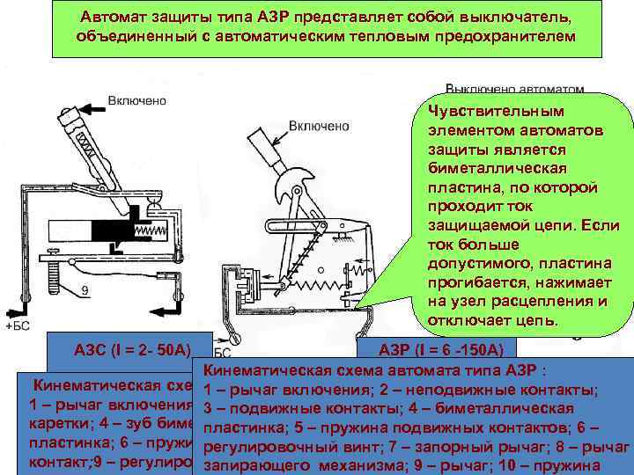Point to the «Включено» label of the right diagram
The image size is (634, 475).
tap(319, 127)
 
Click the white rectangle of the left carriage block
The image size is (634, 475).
tap(69, 230)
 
